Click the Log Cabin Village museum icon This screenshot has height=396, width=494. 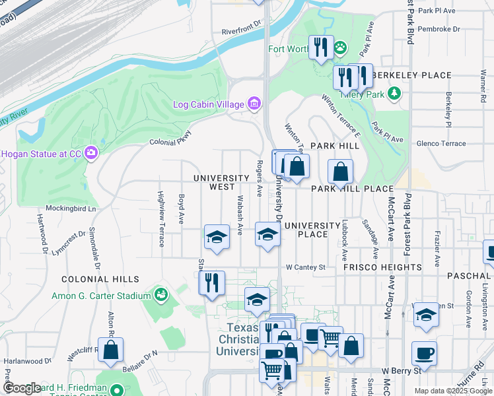coord(254,104)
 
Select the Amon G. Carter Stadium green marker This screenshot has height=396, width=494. coord(160,294)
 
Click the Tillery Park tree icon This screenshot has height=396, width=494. coord(395,93)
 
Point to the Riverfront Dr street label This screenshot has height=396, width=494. coord(242,31)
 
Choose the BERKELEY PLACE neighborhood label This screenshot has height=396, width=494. coord(410,75)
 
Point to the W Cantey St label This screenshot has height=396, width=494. coord(306,267)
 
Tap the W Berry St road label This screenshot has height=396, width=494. coord(401,371)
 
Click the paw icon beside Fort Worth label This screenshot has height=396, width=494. coord(340,48)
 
